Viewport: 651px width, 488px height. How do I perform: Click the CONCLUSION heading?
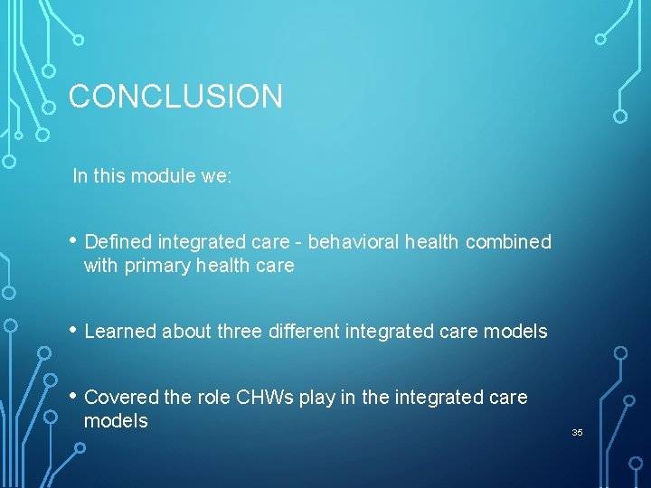coord(175,96)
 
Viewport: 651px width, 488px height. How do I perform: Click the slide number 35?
coord(577,433)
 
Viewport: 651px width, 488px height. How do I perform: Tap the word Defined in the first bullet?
coord(118,241)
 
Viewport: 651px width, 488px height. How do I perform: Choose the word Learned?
coord(120,332)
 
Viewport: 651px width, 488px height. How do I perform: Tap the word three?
coord(240,332)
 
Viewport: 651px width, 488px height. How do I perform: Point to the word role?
coord(212,397)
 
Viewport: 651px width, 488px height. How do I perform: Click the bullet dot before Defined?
coord(72,241)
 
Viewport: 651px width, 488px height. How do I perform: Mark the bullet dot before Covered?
coord(72,397)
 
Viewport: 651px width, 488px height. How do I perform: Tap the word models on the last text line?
coord(115,421)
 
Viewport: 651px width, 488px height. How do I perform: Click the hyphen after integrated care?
coord(300,242)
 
